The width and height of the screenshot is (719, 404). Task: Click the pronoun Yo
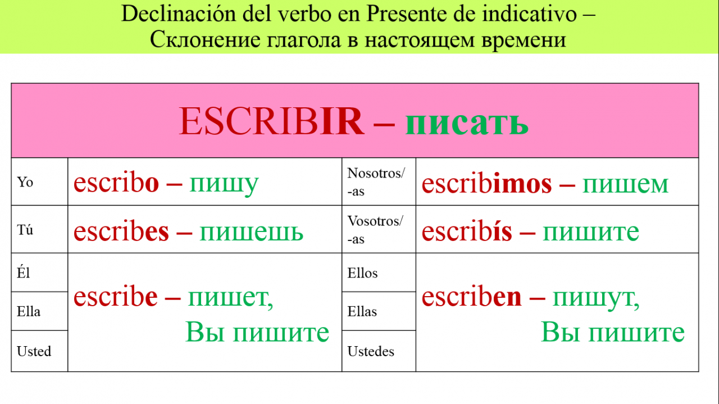click(x=25, y=182)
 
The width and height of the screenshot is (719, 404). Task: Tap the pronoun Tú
click(x=25, y=230)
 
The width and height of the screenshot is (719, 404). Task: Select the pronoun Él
click(x=23, y=273)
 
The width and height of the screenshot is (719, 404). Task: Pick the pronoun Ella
click(x=29, y=311)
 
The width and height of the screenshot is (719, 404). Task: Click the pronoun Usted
click(x=34, y=351)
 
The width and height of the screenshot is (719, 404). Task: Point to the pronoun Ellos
click(x=362, y=273)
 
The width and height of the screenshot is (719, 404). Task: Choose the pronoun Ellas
click(x=362, y=311)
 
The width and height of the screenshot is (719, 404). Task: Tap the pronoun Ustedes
click(x=371, y=351)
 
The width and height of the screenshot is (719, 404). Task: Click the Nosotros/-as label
click(x=376, y=182)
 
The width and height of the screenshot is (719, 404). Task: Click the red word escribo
click(x=116, y=183)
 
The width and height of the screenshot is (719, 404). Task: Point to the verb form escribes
click(x=121, y=231)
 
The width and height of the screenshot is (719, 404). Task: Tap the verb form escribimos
click(x=486, y=184)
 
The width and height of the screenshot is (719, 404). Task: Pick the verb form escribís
click(x=467, y=231)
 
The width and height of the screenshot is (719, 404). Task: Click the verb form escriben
click(x=471, y=297)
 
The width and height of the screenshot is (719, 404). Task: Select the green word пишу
click(x=224, y=185)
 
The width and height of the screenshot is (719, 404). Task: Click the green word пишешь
click(x=251, y=232)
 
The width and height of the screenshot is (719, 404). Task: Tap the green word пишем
click(x=626, y=185)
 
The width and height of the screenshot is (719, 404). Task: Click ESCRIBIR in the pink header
click(x=271, y=122)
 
